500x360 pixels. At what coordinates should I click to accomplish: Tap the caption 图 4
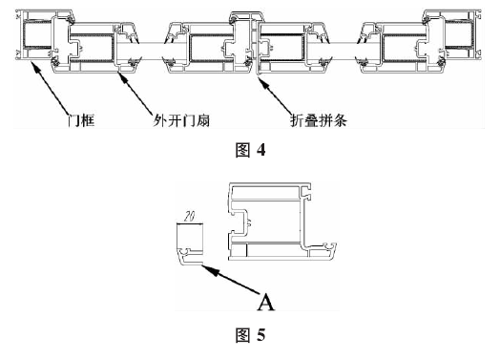click(x=250, y=149)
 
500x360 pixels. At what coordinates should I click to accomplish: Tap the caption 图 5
click(x=250, y=335)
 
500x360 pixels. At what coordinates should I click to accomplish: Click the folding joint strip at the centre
click(x=250, y=38)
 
